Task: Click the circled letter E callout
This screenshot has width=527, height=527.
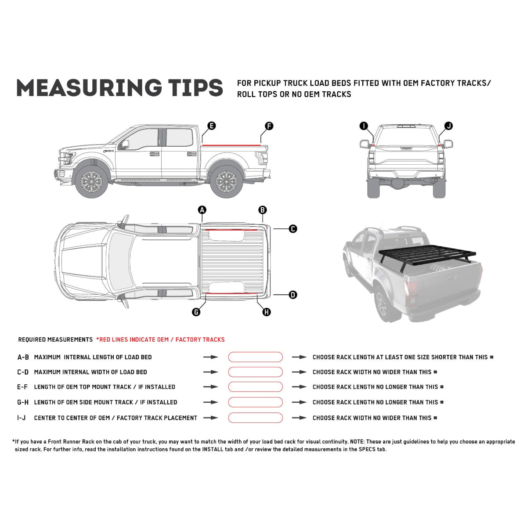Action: pos(211,126)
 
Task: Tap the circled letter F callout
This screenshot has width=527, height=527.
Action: pos(269,126)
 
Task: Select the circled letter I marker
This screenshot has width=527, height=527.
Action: pos(364,126)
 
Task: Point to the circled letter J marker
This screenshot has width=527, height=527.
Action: pos(448,126)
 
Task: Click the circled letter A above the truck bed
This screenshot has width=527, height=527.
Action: pos(202,210)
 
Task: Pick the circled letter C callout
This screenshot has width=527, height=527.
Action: pos(293,229)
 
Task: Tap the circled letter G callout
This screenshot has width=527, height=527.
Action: pos(196,312)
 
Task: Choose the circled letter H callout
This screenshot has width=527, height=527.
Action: pos(266,312)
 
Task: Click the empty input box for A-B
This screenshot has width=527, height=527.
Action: pos(255,357)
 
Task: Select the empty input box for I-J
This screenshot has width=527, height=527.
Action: pos(255,418)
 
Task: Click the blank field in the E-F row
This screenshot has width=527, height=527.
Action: pos(255,387)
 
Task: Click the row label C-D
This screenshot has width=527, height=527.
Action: pos(23,372)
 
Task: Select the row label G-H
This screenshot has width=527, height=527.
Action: pos(23,402)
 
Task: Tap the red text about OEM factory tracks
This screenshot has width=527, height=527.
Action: pos(160,339)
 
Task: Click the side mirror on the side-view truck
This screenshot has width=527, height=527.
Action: pos(125,144)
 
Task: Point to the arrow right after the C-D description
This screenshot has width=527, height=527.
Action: pos(211,372)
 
